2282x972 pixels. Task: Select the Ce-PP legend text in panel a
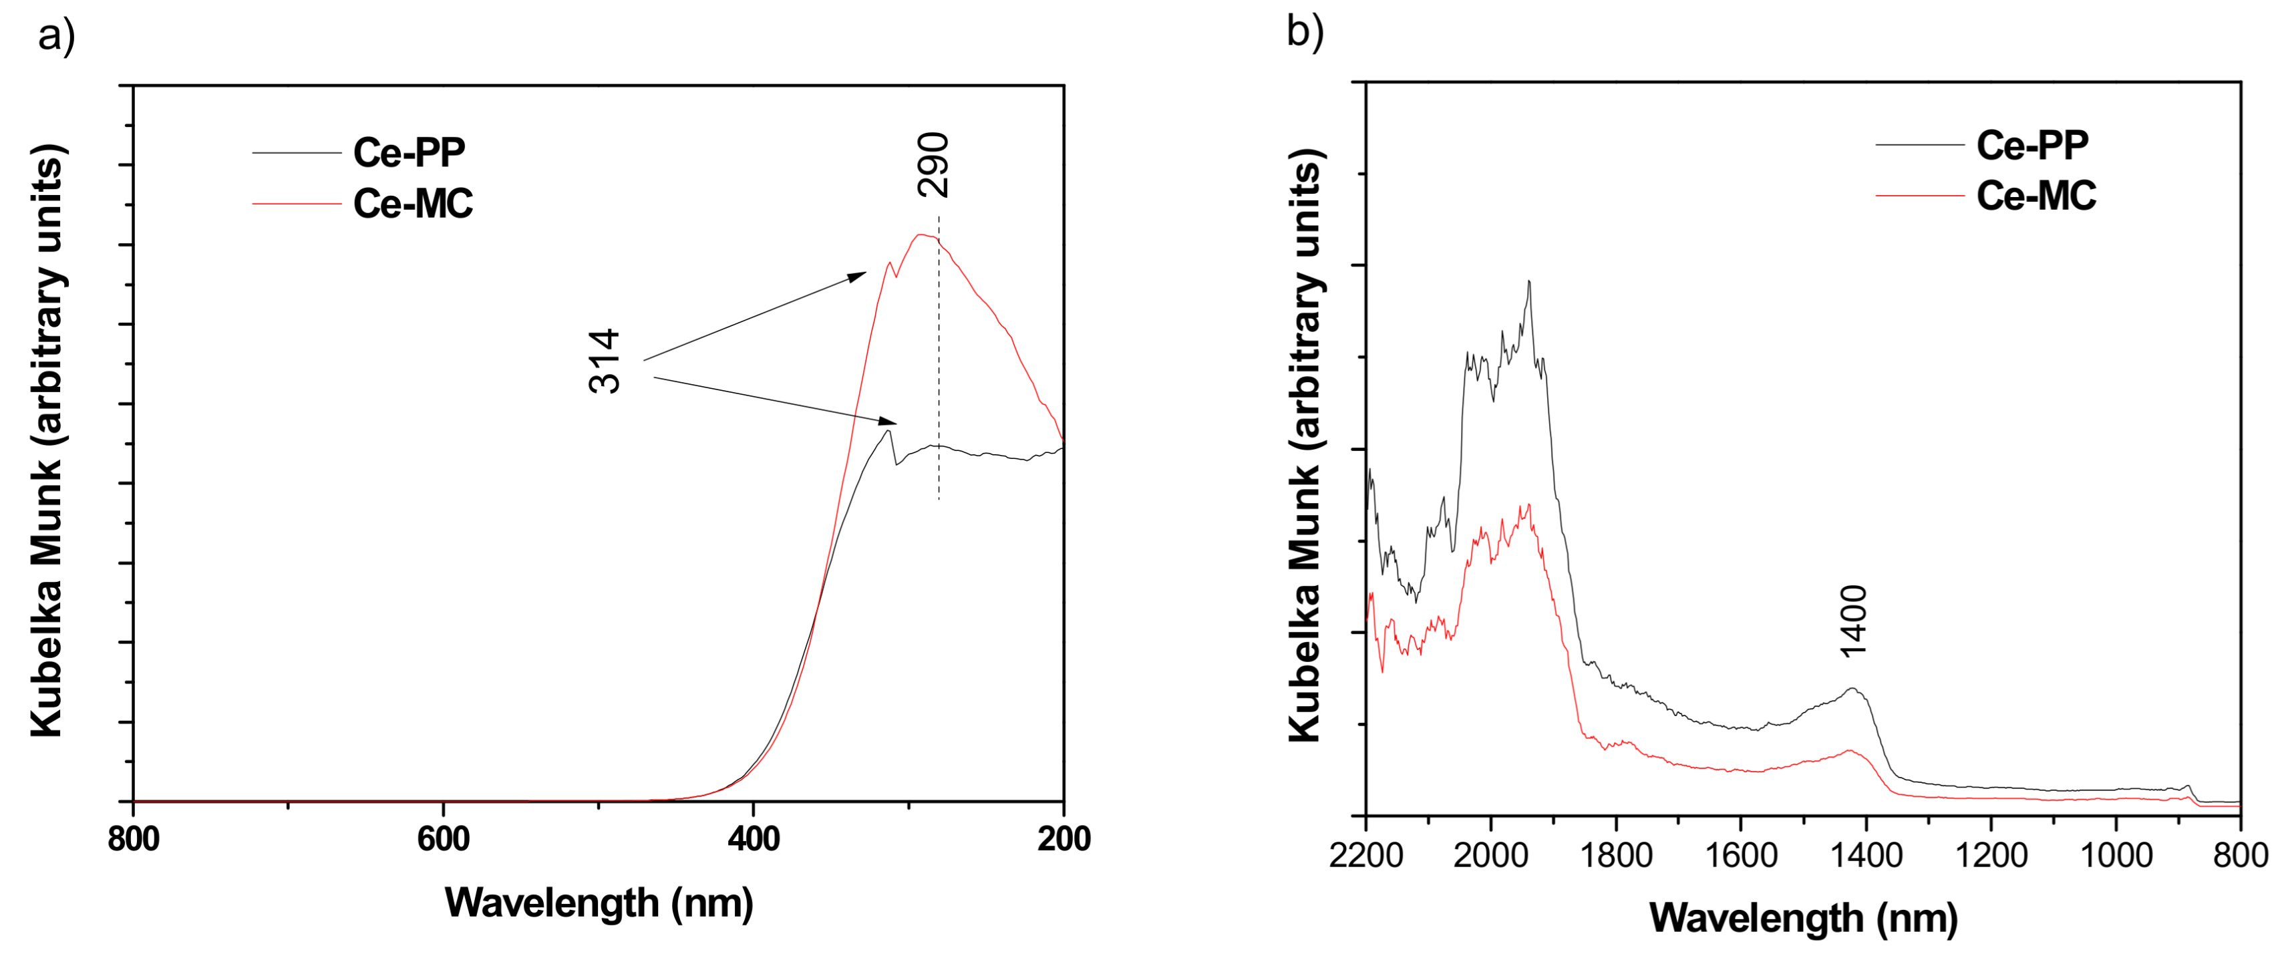click(408, 152)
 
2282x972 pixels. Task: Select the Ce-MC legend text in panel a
click(413, 204)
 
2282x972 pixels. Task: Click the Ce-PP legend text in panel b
click(2032, 146)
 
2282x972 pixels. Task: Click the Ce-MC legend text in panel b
click(2035, 196)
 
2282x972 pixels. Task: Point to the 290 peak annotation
click(933, 165)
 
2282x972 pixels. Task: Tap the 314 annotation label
click(605, 361)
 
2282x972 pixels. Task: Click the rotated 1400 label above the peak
click(1853, 621)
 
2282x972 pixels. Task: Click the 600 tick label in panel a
click(443, 838)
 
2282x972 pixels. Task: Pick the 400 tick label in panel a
click(753, 838)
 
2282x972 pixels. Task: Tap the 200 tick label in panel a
click(1063, 838)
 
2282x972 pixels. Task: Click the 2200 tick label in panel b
click(1365, 855)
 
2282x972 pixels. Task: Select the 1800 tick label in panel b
click(1616, 855)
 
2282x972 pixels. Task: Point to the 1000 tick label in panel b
click(2116, 855)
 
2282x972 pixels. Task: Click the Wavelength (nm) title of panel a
click(599, 903)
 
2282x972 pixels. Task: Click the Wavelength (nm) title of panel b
click(1803, 918)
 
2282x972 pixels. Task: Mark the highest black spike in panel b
click(1529, 283)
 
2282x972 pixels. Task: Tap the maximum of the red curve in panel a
click(921, 234)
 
